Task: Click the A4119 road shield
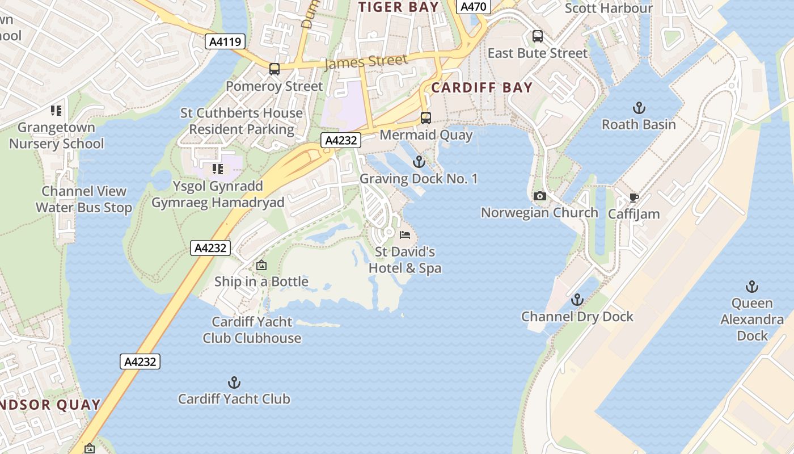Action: (225, 41)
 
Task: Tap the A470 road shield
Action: (473, 7)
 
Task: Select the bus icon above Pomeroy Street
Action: (274, 69)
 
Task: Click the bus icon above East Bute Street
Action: (538, 36)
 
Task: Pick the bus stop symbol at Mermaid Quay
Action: (426, 118)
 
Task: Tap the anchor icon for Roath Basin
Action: (639, 108)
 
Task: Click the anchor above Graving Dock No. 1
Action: (419, 162)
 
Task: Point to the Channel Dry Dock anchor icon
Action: (577, 300)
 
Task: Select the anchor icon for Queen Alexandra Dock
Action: (752, 287)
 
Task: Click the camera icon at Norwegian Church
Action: (540, 196)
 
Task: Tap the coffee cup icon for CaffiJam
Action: (633, 197)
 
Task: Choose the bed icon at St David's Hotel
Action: (405, 234)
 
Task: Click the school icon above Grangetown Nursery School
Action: (56, 111)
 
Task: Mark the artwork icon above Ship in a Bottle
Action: (261, 265)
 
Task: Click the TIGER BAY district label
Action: (399, 7)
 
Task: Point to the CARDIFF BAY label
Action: (482, 87)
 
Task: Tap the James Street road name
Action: (366, 62)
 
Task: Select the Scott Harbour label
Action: (609, 8)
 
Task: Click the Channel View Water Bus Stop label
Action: (84, 199)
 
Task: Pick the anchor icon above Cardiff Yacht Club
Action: (234, 382)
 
